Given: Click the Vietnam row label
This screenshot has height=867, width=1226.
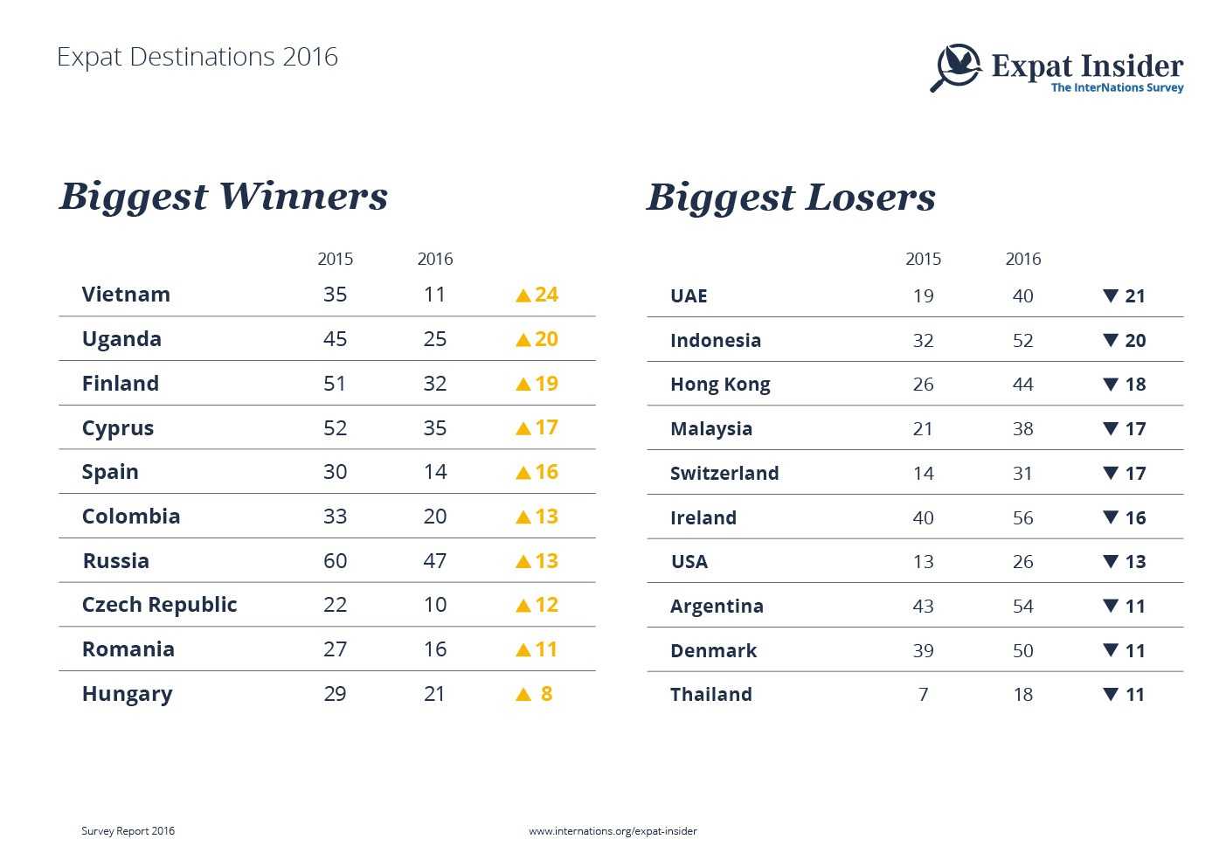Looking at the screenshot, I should point(126,295).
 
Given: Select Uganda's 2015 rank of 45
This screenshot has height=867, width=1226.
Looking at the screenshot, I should point(335,339).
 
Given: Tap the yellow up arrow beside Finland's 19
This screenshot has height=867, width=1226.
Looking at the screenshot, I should point(523,384).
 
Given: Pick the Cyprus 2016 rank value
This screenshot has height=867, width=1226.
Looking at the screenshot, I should point(434,428).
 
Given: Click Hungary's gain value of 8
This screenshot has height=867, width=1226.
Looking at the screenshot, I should point(546,694).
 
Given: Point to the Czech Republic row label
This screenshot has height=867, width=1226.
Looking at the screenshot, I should point(159,605).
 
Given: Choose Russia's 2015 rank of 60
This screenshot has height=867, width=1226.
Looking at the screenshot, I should point(335,560).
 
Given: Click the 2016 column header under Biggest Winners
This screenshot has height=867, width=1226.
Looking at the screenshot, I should point(434,259).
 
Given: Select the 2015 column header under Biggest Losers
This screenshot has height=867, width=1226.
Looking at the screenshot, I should point(923,259).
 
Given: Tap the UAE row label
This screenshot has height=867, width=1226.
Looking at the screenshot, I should point(689,296).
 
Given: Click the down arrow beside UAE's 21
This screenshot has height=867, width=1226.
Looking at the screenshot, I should point(1111,295).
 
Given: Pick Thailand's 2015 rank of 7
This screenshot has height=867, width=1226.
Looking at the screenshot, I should point(923,695).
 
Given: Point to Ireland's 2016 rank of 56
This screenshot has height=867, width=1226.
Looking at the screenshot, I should point(1022,517).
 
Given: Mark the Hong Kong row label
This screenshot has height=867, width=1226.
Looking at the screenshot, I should point(720,385).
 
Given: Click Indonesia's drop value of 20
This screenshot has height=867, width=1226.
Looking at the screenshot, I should point(1135,341).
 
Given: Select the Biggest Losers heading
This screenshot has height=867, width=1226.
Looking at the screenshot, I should point(791,198).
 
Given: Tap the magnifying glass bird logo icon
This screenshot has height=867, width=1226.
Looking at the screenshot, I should point(956,66).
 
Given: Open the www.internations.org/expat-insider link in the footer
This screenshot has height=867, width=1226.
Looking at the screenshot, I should point(613,831).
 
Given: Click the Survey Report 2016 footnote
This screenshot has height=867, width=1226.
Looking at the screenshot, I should point(128,831).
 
